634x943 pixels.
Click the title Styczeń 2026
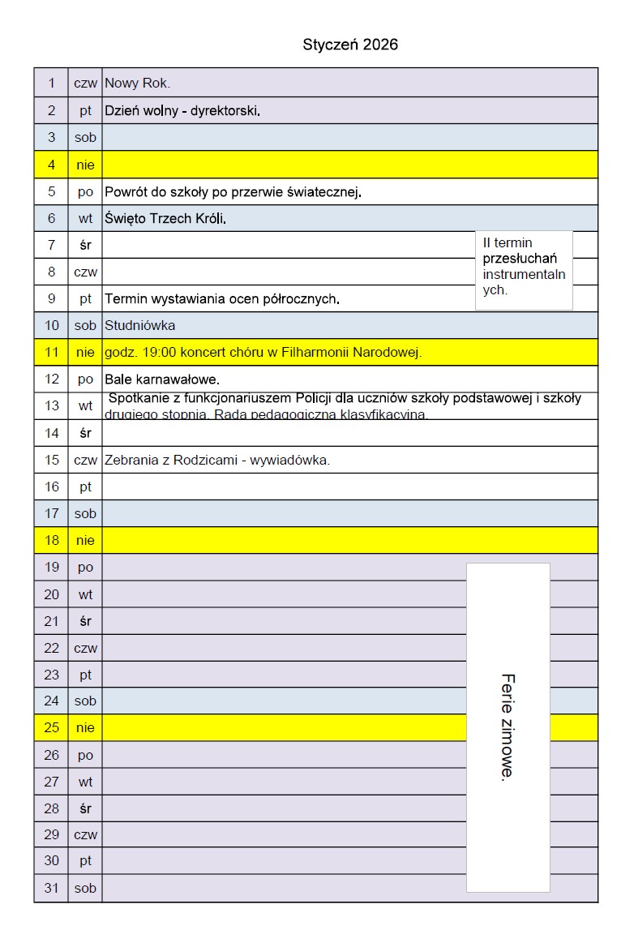350,45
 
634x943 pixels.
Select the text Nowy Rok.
137,83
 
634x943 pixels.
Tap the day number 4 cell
51,165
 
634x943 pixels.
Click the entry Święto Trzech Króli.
165,218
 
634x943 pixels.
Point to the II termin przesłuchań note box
524,270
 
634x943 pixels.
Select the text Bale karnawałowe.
162,379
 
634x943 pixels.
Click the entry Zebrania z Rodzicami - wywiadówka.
217,460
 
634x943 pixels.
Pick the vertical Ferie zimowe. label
508,727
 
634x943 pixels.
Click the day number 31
51,888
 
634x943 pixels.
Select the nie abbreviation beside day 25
85,727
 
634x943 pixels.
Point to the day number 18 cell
51,540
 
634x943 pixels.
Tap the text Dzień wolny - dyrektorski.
182,110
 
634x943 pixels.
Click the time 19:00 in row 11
160,352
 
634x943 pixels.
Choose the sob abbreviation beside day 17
85,513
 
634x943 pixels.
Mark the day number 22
51,648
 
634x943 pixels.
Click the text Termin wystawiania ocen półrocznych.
221,298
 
